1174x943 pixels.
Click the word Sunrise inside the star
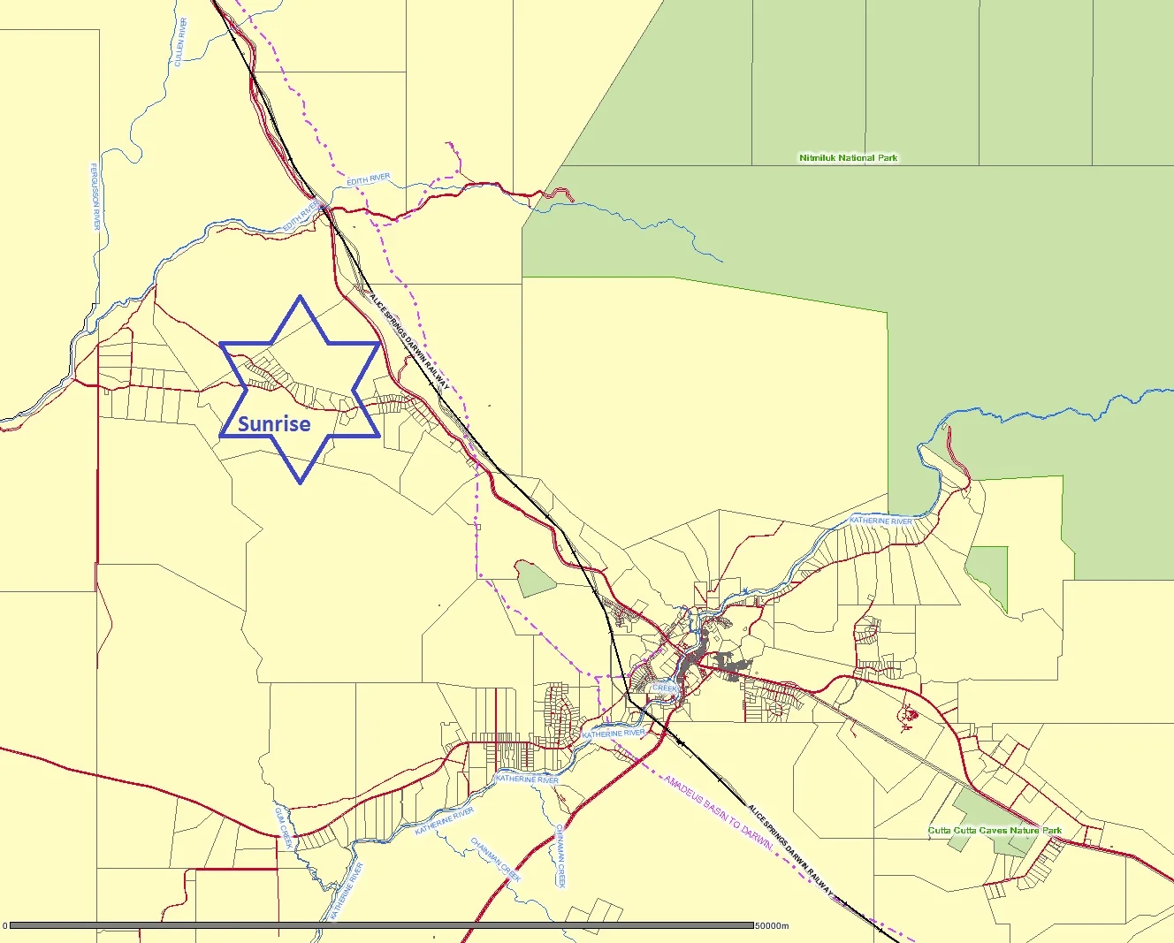(274, 423)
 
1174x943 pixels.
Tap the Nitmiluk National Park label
(848, 158)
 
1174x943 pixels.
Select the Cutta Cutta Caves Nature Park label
(995, 831)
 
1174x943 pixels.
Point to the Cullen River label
(180, 42)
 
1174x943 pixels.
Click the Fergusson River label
(95, 196)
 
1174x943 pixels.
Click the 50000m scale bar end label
(772, 926)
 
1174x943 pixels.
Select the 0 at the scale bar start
(4, 926)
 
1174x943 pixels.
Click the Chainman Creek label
(496, 859)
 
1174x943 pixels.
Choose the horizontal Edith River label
(368, 180)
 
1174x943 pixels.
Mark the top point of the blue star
(301, 296)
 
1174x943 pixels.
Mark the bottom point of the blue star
(301, 483)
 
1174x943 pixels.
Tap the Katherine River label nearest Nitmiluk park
(880, 521)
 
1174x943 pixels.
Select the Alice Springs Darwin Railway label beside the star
(408, 341)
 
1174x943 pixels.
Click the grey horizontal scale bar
(380, 925)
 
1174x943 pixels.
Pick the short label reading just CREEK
(664, 688)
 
